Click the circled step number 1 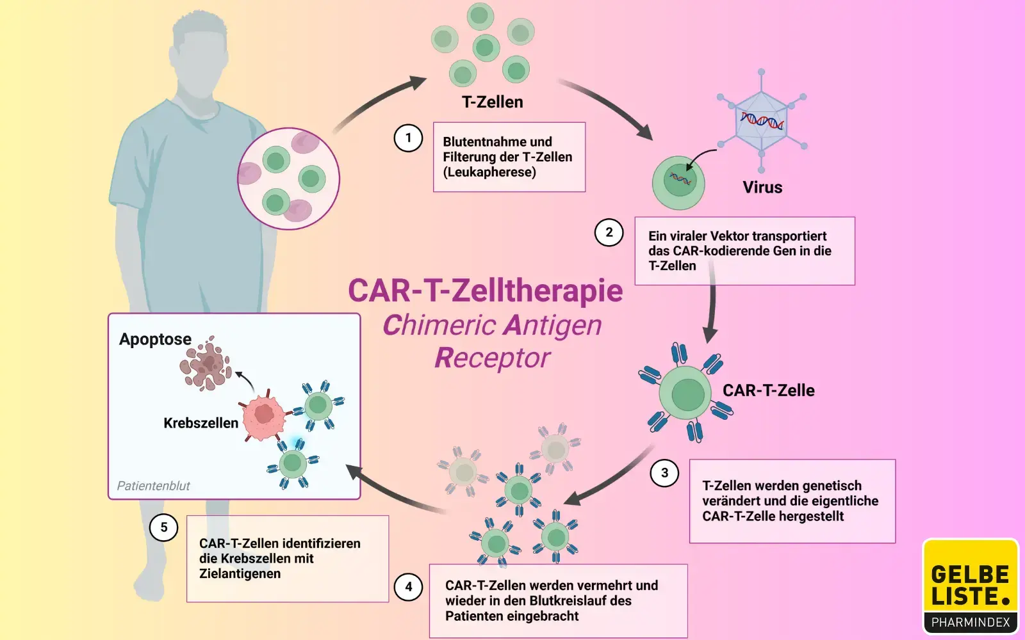coord(408,138)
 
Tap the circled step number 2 coord(609,232)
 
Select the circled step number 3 coord(664,473)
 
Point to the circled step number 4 coord(408,586)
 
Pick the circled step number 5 coord(163,527)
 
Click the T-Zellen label coord(492,102)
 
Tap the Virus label coord(762,188)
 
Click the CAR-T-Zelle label coord(768,390)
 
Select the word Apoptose coord(155,339)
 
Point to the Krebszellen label coord(201,423)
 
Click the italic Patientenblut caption coord(153,486)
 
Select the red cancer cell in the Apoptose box coord(264,415)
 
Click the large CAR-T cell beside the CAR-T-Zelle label coord(686,394)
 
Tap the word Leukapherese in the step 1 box coord(490,172)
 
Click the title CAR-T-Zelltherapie coord(485,290)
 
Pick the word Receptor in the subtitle coord(492,358)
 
